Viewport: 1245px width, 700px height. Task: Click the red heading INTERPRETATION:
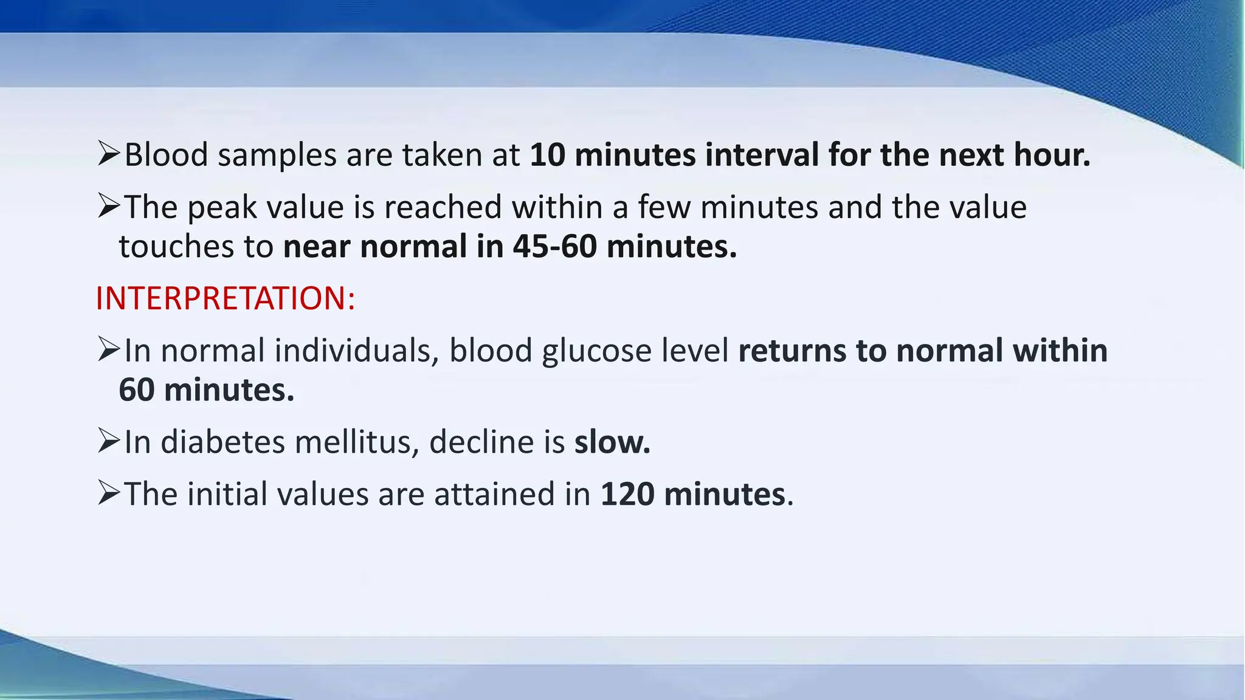pyautogui.click(x=225, y=298)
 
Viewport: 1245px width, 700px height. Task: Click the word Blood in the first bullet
pyautogui.click(x=166, y=154)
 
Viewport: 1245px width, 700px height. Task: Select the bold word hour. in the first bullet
pyautogui.click(x=1052, y=154)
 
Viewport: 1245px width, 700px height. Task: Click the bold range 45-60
pyautogui.click(x=554, y=246)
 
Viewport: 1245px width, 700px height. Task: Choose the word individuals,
pyautogui.click(x=357, y=351)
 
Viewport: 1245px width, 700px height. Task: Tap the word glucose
pyautogui.click(x=596, y=351)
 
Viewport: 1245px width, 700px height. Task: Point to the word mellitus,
pyautogui.click(x=357, y=442)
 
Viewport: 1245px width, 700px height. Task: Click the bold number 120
pyautogui.click(x=627, y=493)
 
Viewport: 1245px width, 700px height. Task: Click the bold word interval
pyautogui.click(x=762, y=154)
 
